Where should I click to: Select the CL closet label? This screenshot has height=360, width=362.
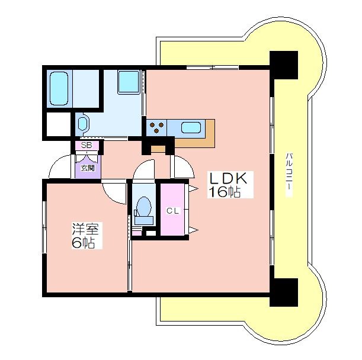pyautogui.click(x=172, y=211)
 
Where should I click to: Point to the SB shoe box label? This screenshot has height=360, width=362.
pyautogui.click(x=87, y=145)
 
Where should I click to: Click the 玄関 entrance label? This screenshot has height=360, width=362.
pyautogui.click(x=88, y=168)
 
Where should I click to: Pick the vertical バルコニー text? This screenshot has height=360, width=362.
pyautogui.click(x=289, y=175)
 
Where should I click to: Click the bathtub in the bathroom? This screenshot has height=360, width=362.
pyautogui.click(x=59, y=89)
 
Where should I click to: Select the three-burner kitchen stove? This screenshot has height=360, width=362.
pyautogui.click(x=156, y=128)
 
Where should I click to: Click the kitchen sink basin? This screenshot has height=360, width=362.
pyautogui.click(x=191, y=128)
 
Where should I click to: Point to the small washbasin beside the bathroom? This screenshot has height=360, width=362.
pyautogui.click(x=82, y=124)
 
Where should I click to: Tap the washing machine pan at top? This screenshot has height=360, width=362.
pyautogui.click(x=129, y=82)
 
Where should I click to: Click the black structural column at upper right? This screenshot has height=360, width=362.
pyautogui.click(x=284, y=65)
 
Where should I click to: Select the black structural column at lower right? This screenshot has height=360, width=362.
pyautogui.click(x=284, y=292)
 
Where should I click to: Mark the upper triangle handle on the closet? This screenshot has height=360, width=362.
pyautogui.click(x=194, y=189)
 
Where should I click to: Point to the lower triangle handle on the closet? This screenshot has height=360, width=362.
pyautogui.click(x=194, y=230)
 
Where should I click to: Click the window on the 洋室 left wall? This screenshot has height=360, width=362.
pyautogui.click(x=44, y=227)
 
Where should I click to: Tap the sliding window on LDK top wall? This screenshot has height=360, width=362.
pyautogui.click(x=212, y=67)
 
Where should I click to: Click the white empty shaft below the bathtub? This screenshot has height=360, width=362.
pyautogui.click(x=59, y=124)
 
